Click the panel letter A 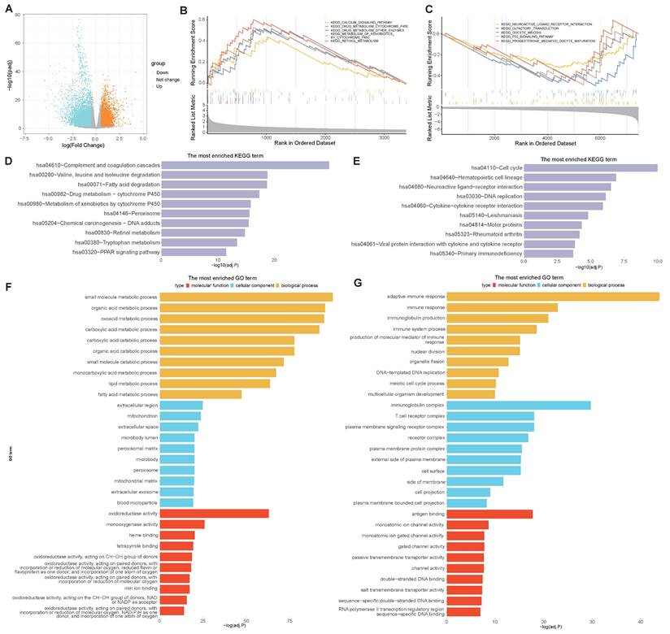click(x=10, y=11)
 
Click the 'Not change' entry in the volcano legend click(x=168, y=79)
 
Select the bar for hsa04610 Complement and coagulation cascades click(x=245, y=165)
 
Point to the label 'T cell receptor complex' click(x=423, y=415)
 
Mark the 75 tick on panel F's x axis click(x=290, y=621)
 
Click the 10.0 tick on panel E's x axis click(x=657, y=261)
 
